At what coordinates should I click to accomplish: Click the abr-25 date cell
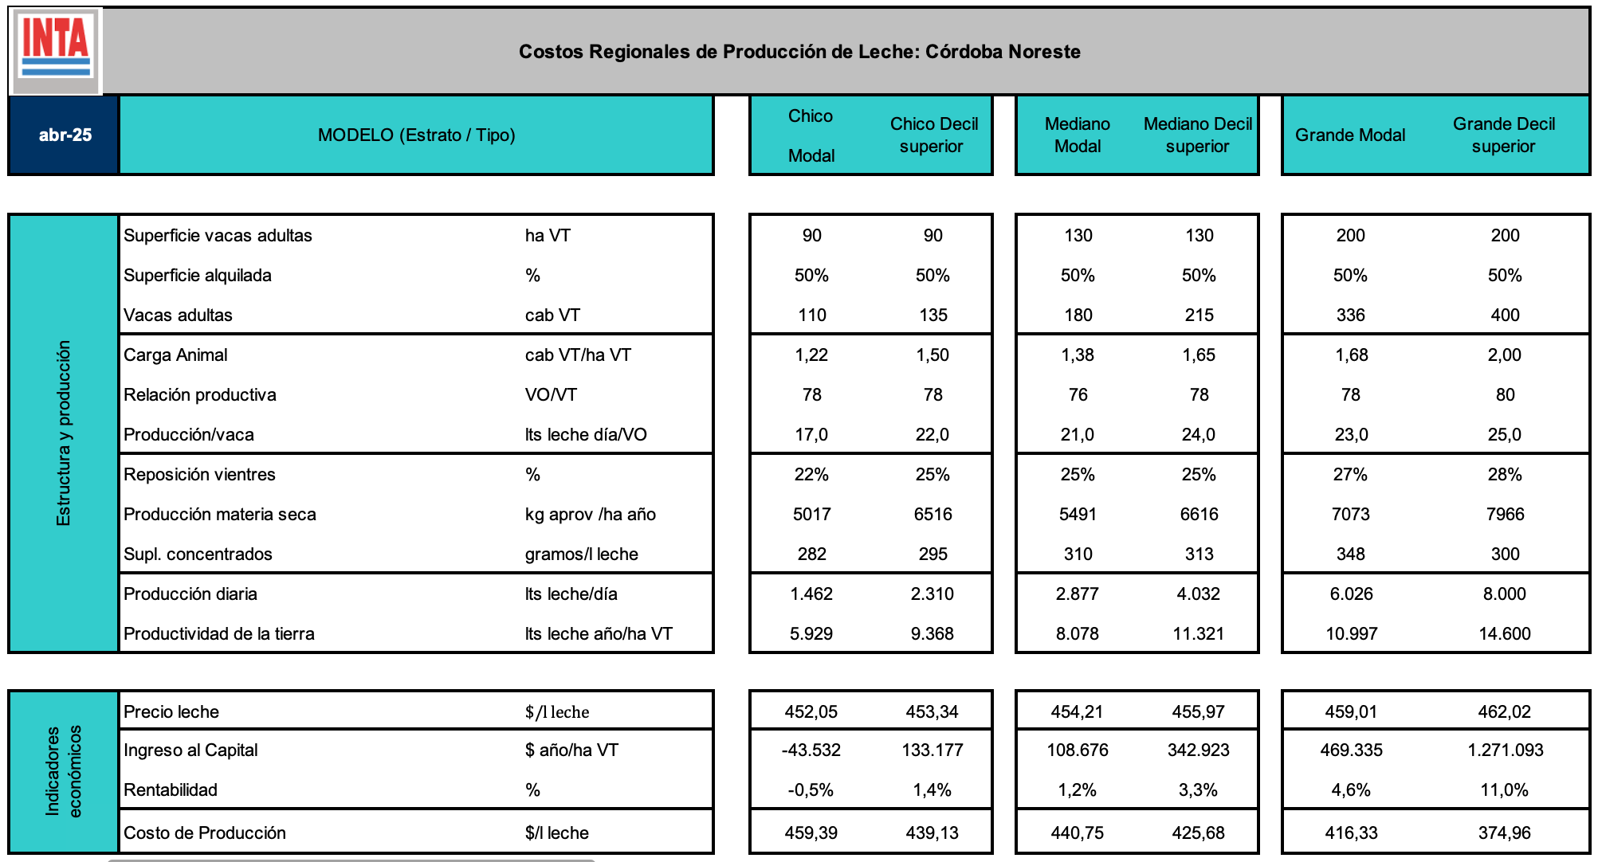(x=65, y=135)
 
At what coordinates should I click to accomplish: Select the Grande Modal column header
(x=1350, y=135)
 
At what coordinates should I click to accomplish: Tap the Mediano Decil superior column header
(x=1198, y=135)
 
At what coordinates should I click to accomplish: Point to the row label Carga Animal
(x=175, y=355)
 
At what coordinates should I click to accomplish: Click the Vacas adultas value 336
(x=1350, y=315)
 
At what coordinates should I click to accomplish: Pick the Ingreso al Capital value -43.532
(x=811, y=750)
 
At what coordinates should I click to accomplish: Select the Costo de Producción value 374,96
(x=1505, y=833)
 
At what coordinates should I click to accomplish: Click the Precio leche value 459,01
(x=1350, y=712)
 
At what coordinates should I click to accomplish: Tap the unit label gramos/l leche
(x=581, y=554)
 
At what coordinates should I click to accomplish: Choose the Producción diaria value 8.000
(x=1505, y=594)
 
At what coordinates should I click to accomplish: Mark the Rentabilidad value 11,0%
(x=1505, y=790)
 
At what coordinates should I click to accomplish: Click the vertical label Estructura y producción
(x=64, y=433)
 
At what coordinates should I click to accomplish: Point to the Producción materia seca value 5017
(x=811, y=515)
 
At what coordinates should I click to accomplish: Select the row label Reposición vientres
(x=199, y=475)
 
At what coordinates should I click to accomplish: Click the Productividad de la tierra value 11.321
(x=1199, y=634)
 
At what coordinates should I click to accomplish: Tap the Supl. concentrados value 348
(x=1350, y=554)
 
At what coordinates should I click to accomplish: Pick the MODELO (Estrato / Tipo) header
(x=416, y=135)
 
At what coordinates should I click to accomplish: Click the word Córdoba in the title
(x=960, y=52)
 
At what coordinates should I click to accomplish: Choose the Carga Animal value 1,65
(x=1199, y=355)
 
